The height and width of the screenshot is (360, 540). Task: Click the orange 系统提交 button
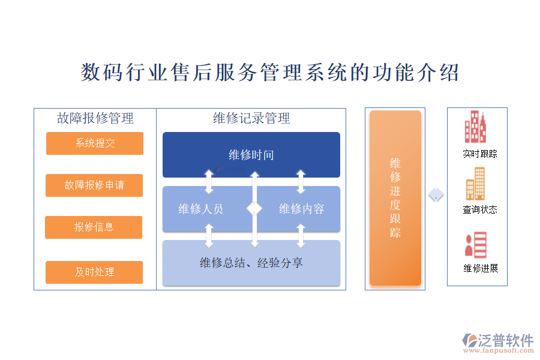(x=95, y=143)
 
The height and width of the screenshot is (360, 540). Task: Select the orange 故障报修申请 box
(x=94, y=185)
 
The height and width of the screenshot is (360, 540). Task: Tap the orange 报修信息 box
(x=94, y=227)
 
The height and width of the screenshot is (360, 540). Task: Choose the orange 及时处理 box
(x=94, y=272)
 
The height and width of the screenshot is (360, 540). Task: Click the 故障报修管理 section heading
(x=95, y=118)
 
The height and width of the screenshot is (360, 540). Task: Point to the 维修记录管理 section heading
(x=251, y=118)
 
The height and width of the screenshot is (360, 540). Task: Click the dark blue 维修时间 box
(x=251, y=155)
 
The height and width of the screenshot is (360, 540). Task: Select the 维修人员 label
(x=201, y=209)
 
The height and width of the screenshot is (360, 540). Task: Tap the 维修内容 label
(x=301, y=209)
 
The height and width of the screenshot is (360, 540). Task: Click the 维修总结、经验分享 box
(x=251, y=263)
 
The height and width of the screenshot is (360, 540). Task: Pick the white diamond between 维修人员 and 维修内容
(x=254, y=208)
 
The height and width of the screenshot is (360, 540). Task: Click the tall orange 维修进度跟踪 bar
(x=395, y=198)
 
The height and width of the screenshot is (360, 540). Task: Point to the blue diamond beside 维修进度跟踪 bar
(x=436, y=195)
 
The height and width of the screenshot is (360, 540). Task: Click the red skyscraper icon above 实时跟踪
(x=475, y=127)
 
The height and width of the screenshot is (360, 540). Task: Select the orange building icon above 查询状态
(x=476, y=184)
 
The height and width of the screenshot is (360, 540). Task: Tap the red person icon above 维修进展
(x=475, y=245)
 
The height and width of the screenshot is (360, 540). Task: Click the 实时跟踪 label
(x=479, y=154)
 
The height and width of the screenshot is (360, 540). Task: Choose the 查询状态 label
(x=479, y=210)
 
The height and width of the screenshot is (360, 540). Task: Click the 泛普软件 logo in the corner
(x=498, y=342)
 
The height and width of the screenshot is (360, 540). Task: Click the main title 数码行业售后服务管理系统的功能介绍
(x=270, y=73)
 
